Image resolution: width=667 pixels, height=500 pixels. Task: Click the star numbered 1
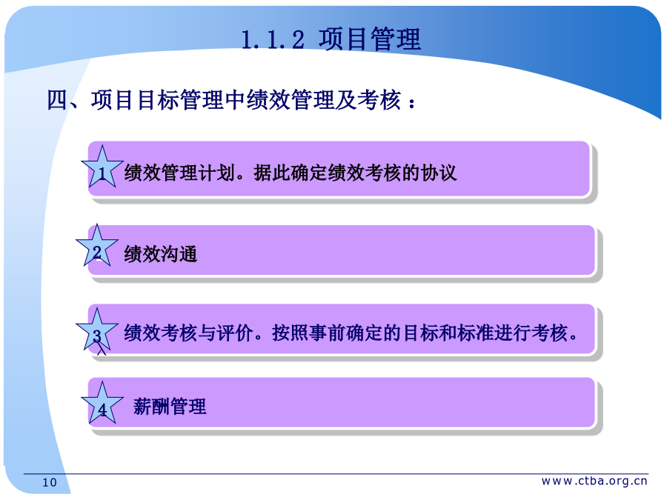point(102,167)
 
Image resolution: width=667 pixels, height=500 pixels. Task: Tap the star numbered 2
point(96,247)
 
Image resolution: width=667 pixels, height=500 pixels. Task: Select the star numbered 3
point(96,330)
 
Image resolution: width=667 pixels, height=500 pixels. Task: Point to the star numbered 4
point(102,404)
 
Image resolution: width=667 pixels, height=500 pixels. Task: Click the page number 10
point(50,482)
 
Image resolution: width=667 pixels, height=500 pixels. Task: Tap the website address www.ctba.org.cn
point(594,481)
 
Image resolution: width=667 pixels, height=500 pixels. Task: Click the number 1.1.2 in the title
point(273,40)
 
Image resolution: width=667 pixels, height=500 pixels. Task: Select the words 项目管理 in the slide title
point(370,39)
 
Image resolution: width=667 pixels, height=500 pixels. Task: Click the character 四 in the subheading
point(57,100)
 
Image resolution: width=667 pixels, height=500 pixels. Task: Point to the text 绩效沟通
point(160,254)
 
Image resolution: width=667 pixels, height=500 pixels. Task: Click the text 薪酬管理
point(170,406)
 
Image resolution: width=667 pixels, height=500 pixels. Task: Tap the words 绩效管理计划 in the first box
point(179,173)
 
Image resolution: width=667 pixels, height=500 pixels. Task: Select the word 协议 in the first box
point(438,173)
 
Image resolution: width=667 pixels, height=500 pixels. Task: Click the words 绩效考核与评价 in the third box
point(189,333)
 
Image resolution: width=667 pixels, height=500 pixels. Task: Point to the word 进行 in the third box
point(513,333)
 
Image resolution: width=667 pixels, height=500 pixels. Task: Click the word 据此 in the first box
point(272,173)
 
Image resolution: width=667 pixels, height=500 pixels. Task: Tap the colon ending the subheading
point(411,102)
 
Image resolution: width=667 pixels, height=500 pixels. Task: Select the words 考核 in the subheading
point(379,100)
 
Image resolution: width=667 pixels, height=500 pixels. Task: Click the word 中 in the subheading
point(235,100)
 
